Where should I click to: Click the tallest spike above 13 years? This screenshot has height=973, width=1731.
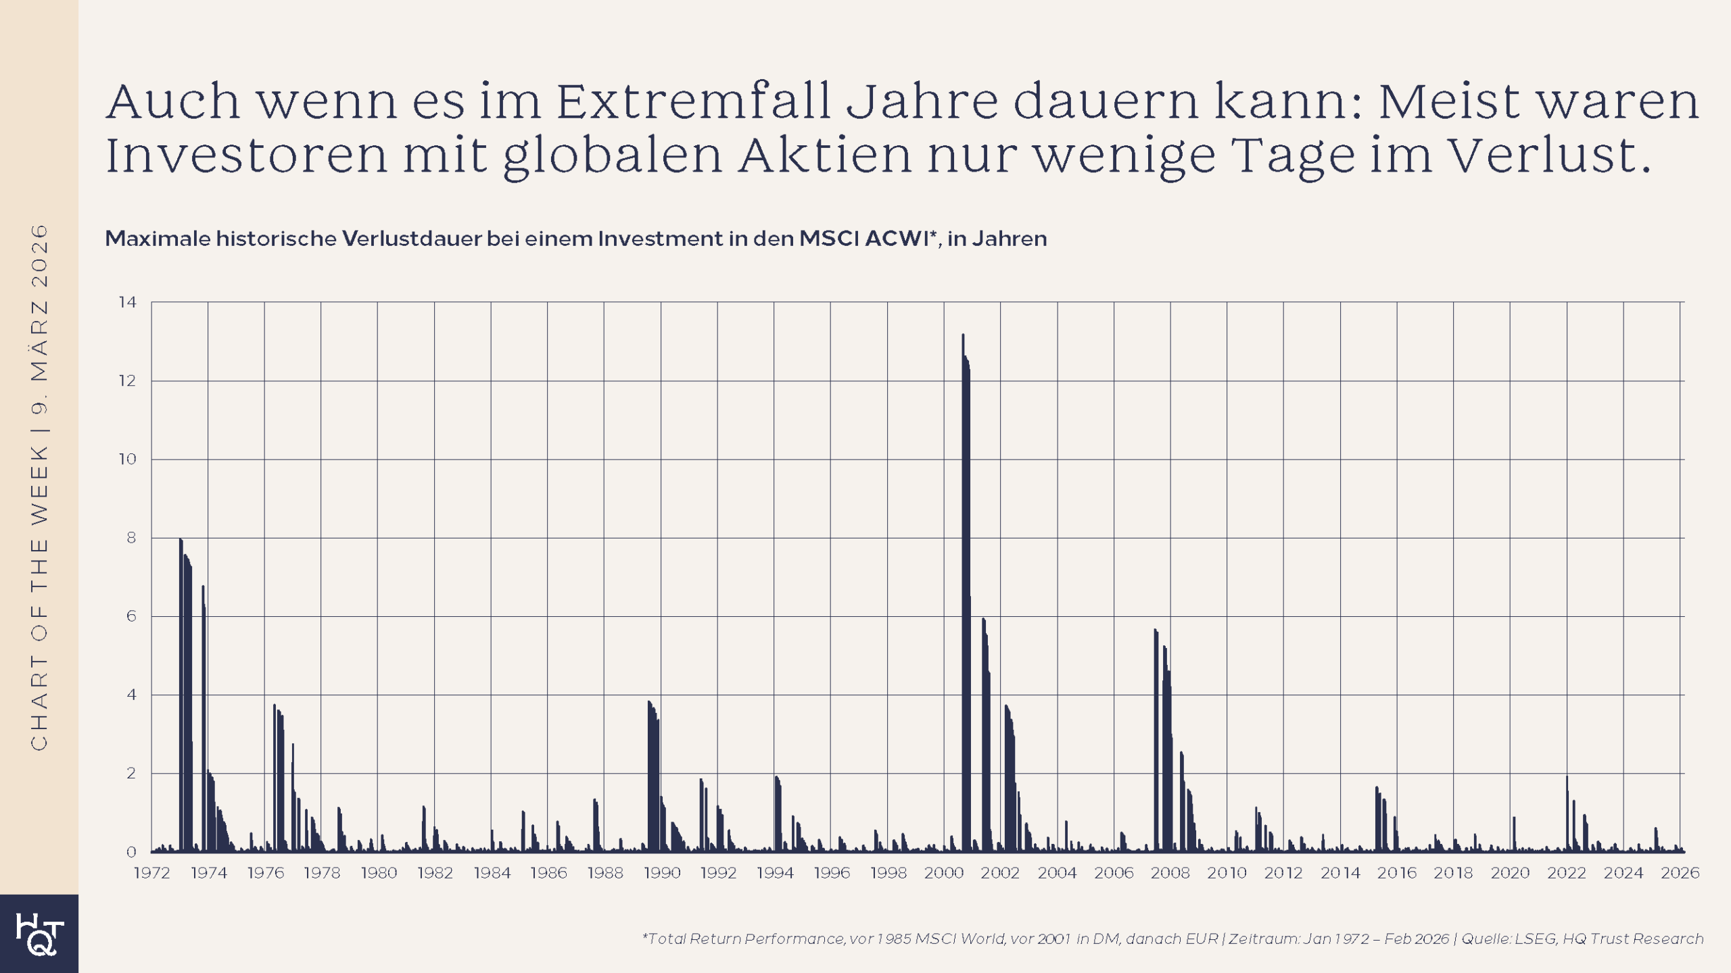963,338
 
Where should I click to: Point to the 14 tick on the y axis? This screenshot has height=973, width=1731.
127,302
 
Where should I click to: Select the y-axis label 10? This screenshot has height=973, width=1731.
127,459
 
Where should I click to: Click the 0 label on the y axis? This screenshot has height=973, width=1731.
131,852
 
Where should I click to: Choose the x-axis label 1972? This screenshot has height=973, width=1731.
151,873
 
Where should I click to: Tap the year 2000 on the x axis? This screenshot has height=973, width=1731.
944,873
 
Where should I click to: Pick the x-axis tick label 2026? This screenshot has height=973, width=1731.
1680,873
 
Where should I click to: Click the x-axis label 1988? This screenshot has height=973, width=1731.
604,873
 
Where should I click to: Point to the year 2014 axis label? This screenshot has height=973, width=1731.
1340,873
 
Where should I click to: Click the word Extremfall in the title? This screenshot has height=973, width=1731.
693,101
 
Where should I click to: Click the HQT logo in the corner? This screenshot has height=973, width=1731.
39,934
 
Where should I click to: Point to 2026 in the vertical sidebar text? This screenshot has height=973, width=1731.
39,256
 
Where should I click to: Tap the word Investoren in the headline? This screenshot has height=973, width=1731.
246,155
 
